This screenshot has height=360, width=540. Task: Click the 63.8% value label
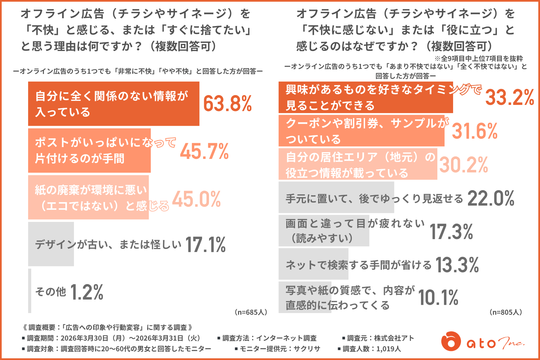pos(227,103)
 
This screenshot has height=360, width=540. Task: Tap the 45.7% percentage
pos(204,151)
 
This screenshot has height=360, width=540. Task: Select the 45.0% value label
pos(196,199)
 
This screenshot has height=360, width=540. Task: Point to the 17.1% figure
pos(205,244)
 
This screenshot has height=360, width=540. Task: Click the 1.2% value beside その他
pos(87,292)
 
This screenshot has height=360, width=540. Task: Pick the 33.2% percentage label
pos(510,97)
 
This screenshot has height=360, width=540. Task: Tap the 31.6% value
pos(475,131)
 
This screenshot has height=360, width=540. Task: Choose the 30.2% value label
pos(463,165)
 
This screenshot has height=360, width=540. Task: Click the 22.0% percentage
pos(491,198)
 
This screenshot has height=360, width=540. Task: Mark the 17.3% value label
pos(451,232)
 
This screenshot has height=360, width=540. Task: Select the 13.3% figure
pos(457,265)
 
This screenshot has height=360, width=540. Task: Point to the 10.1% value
pos(438,298)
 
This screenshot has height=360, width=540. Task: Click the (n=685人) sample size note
pos(251,312)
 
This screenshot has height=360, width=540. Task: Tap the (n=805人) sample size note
pos(506,312)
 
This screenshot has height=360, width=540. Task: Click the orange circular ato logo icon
pos(451,341)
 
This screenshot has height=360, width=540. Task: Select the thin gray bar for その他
pos(30,291)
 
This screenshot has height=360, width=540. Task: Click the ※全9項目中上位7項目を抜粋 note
pos(479,58)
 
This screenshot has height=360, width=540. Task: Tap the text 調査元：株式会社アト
pos(378,338)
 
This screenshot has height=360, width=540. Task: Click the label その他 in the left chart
pos(51,292)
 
